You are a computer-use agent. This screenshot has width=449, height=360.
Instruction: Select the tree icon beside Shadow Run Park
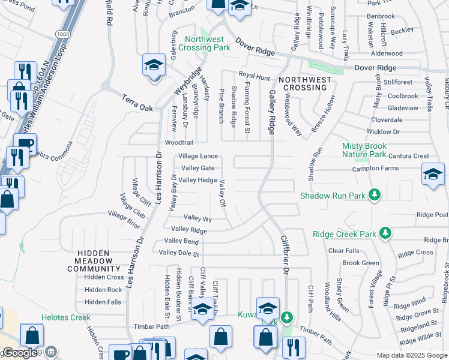click(375, 194)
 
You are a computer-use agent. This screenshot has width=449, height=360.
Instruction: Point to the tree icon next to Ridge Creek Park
click(385, 233)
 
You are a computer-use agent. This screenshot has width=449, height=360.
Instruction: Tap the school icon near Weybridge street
click(154, 64)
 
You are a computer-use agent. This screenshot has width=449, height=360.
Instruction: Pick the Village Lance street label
click(198, 156)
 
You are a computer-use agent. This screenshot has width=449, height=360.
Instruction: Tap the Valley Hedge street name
click(197, 180)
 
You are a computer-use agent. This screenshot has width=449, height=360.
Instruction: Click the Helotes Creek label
click(66, 317)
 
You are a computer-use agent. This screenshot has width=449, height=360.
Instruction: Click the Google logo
click(20, 353)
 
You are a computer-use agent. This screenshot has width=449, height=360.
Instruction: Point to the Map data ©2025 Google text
click(411, 355)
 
